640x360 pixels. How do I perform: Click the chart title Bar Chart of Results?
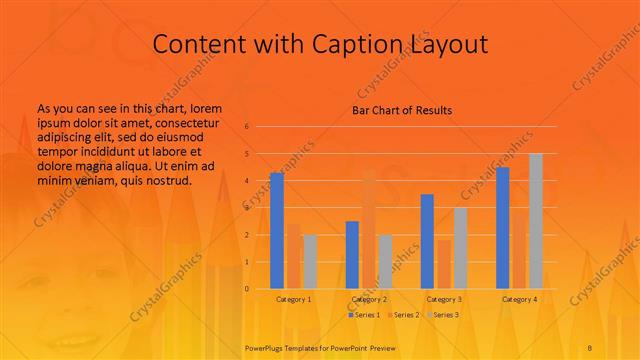[x=402, y=110]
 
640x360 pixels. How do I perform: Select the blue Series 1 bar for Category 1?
[x=277, y=230]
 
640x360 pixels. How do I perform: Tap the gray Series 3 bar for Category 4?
[x=536, y=221]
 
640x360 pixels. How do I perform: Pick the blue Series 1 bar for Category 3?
[x=427, y=241]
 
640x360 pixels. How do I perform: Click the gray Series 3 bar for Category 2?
[x=385, y=262]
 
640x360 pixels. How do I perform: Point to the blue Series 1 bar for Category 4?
[x=503, y=228]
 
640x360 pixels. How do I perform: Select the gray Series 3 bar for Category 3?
[x=460, y=248]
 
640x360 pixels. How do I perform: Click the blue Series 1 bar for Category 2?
[x=352, y=255]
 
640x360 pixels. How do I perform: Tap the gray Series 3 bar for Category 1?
[x=310, y=262]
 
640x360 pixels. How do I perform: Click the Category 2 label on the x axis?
[x=369, y=299]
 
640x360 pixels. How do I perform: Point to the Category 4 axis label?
[x=519, y=299]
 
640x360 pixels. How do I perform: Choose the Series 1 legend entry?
[x=364, y=315]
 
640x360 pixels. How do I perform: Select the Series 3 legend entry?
[x=444, y=315]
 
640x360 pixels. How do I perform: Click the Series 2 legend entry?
[x=404, y=315]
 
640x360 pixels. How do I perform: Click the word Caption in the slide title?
[x=355, y=44]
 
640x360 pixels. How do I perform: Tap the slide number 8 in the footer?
[x=590, y=347]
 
